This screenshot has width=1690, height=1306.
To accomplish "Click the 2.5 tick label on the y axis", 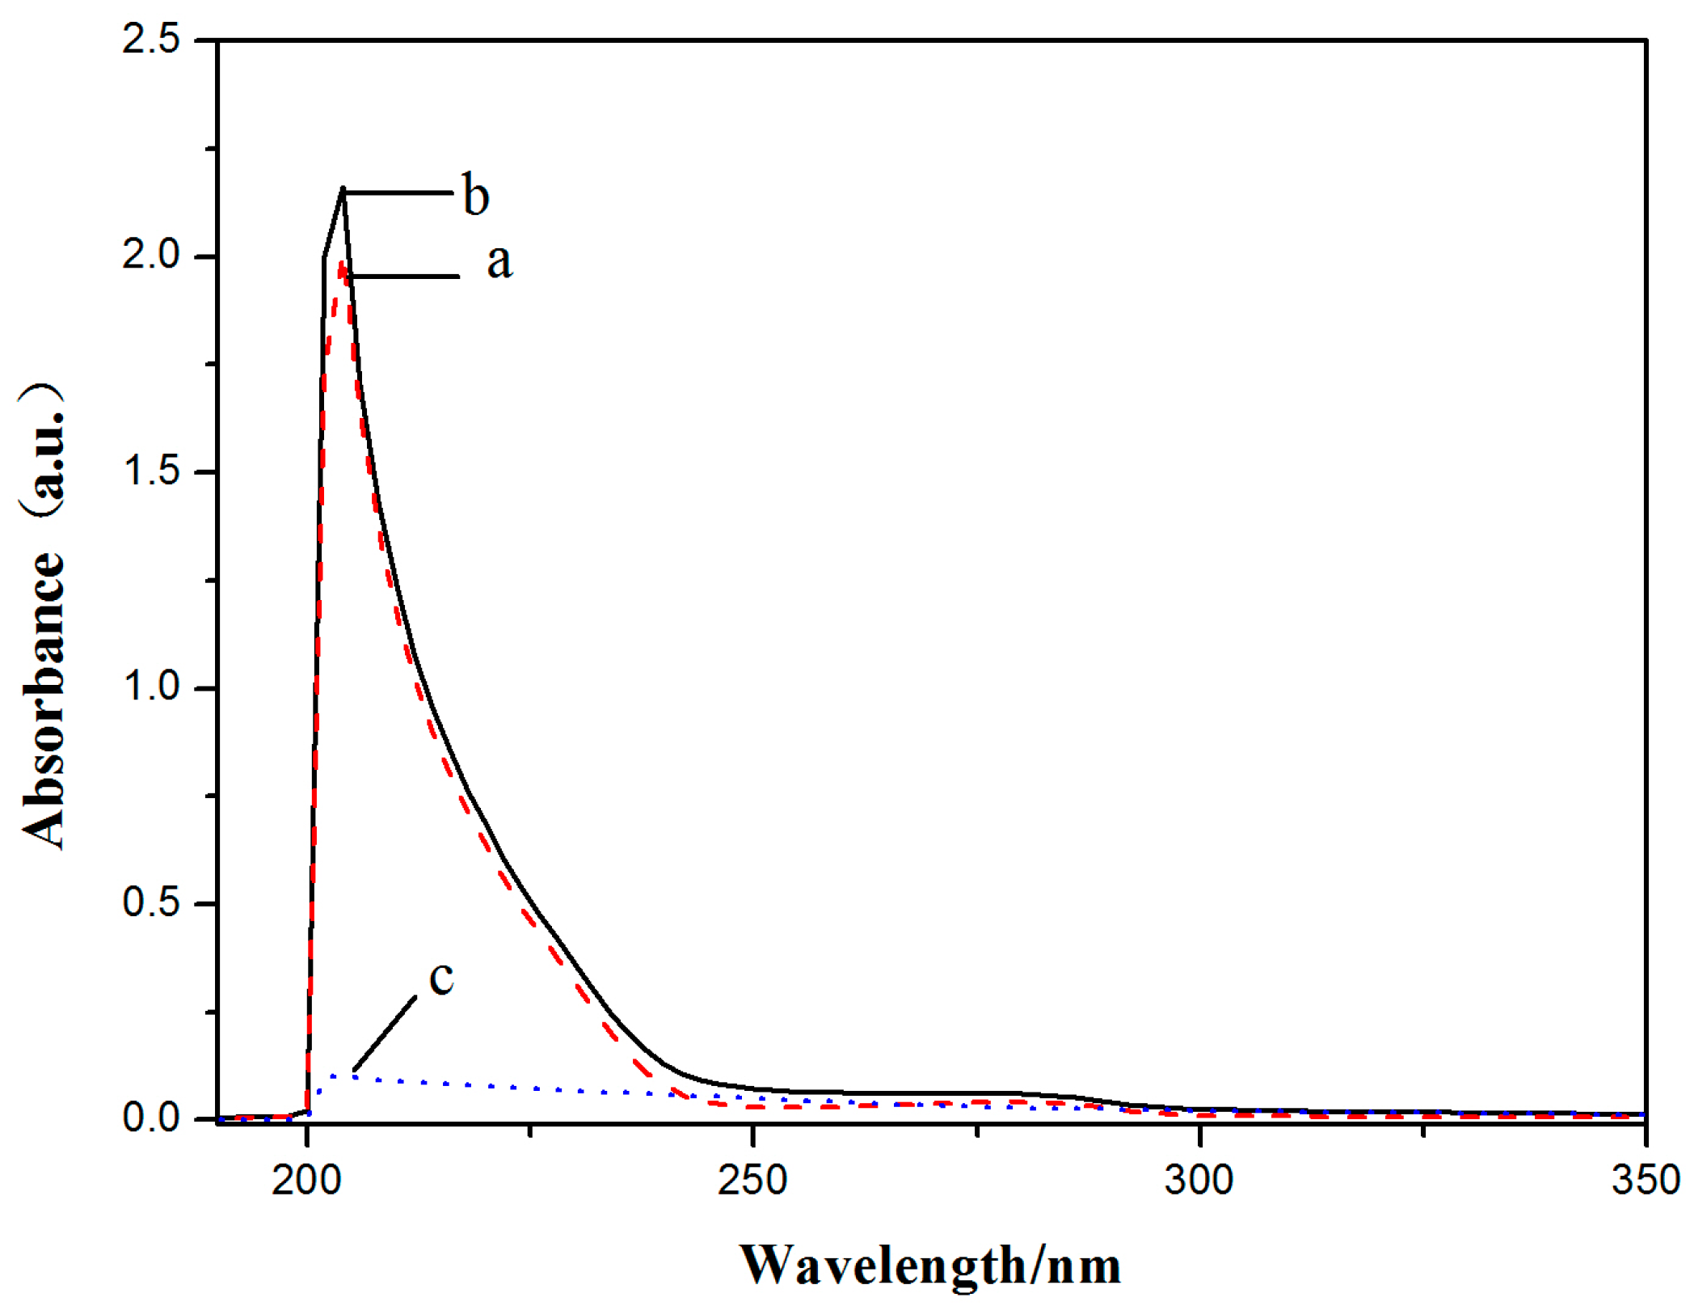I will pyautogui.click(x=151, y=40).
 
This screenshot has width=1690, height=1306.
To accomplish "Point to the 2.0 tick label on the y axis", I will pyautogui.click(x=151, y=256).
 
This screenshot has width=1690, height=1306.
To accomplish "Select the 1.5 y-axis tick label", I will pyautogui.click(x=151, y=471).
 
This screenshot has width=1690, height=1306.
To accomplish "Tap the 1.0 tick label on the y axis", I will pyautogui.click(x=151, y=687).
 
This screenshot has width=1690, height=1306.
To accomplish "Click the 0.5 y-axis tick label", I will pyautogui.click(x=151, y=902).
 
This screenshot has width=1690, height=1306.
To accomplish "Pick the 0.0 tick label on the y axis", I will pyautogui.click(x=151, y=1118).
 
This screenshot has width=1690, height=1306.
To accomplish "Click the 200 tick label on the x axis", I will pyautogui.click(x=306, y=1181).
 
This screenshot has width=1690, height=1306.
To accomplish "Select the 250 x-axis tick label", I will pyautogui.click(x=752, y=1181).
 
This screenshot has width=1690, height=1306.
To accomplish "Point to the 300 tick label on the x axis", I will pyautogui.click(x=1199, y=1181).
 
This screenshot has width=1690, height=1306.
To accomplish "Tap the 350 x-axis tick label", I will pyautogui.click(x=1646, y=1181).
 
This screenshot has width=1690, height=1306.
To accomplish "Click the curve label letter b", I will pyautogui.click(x=476, y=195).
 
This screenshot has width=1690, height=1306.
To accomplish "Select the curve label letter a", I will pyautogui.click(x=499, y=262).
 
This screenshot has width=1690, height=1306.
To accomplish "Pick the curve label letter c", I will pyautogui.click(x=441, y=977).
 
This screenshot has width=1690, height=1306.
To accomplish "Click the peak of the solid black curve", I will pyautogui.click(x=343, y=189).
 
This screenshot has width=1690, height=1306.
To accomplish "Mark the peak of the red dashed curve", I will pyautogui.click(x=342, y=264).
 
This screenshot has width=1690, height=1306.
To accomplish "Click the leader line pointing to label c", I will pyautogui.click(x=386, y=1033).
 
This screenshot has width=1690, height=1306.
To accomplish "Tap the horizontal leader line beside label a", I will pyautogui.click(x=404, y=277).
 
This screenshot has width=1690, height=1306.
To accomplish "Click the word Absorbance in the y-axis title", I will pyautogui.click(x=42, y=699).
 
